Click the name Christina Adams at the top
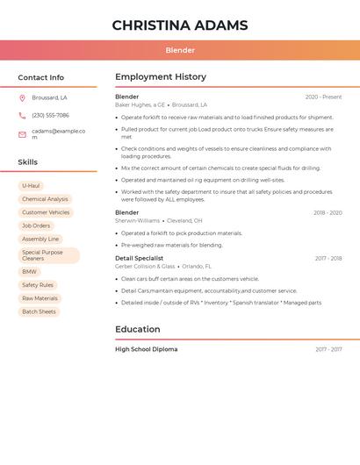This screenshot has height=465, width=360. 180,25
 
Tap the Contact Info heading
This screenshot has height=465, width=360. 41,77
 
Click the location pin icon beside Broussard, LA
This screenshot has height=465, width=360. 23,97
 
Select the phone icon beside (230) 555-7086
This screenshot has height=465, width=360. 23,115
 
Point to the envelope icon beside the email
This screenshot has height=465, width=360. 23,134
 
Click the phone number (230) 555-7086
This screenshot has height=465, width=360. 50,115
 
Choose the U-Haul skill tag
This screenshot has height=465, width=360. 31,186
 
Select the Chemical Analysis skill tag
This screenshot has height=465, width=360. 45,199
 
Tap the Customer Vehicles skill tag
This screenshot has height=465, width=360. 46,212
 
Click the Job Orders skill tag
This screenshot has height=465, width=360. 36,225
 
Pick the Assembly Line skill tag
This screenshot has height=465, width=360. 40,239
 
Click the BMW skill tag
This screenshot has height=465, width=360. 30,272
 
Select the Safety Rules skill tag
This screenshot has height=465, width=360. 38,285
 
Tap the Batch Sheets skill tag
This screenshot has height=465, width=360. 39,311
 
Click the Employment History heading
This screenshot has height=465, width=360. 161,77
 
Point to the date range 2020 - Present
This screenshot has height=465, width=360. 323,97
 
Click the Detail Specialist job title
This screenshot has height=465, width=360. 139,258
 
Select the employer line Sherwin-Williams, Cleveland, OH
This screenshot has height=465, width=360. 159,221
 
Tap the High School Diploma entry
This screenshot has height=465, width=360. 146,349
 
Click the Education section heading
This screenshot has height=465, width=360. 138,330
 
